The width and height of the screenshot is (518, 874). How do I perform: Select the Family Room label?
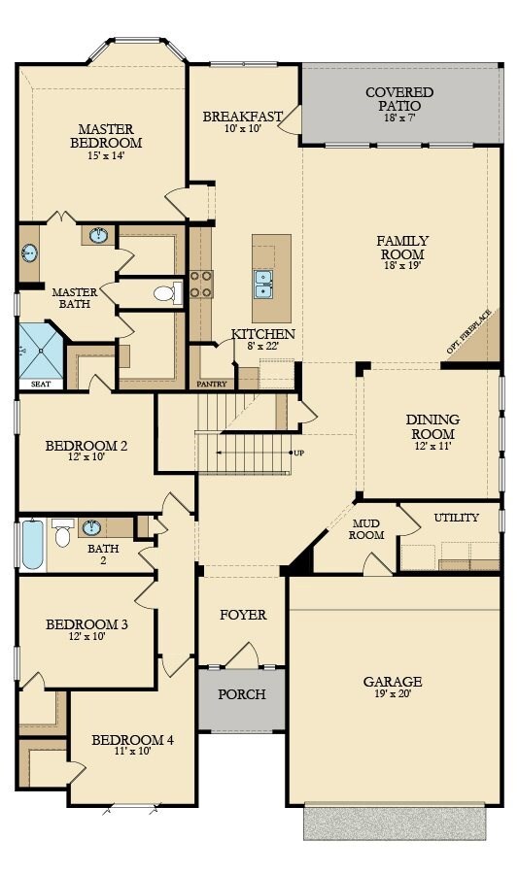(x=402, y=248)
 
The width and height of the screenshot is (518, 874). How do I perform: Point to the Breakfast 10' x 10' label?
(x=243, y=122)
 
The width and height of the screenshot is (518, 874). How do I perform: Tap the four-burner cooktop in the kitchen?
(x=201, y=284)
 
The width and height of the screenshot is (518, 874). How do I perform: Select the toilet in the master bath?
(x=166, y=292)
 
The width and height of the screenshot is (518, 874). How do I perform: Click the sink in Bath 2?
(x=92, y=528)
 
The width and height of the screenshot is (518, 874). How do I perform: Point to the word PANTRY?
(x=211, y=385)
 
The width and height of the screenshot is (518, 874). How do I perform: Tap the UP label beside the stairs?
(x=298, y=453)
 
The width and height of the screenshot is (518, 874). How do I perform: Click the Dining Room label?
(x=432, y=427)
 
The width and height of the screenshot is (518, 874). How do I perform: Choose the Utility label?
(x=456, y=518)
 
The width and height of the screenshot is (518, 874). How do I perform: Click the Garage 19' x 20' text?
(x=394, y=689)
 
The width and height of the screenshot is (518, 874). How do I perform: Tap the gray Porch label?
(x=241, y=695)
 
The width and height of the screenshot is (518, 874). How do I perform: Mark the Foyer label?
(x=242, y=615)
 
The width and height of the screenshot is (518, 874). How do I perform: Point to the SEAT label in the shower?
(x=40, y=385)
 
